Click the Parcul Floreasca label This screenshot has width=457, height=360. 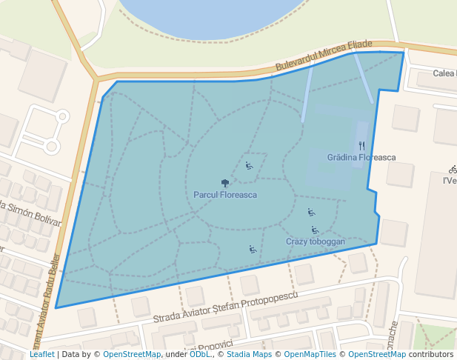225,195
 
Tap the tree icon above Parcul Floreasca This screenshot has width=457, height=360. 225,183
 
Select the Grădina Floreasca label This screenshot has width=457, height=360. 361,158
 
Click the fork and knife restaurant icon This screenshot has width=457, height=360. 361,146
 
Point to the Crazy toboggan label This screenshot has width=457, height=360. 316,242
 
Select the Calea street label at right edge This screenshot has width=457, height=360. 444,73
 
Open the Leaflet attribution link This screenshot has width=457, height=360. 41,355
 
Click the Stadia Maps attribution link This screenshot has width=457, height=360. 249,355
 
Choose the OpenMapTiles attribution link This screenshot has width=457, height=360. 312,355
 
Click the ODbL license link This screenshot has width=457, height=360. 199,355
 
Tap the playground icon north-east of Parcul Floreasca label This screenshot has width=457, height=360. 249,165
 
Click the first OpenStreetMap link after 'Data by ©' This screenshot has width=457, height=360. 132,355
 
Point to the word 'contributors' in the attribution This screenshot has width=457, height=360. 430,355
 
